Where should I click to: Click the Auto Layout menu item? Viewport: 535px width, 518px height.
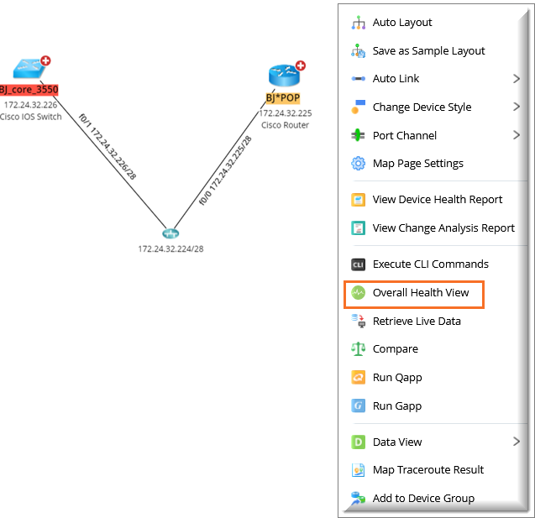[x=402, y=23]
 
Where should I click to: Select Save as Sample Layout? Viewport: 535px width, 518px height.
[x=428, y=51]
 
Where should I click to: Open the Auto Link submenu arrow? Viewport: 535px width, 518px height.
[x=517, y=79]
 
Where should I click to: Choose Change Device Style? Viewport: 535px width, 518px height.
[x=422, y=107]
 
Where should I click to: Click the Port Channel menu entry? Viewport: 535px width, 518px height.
[x=404, y=135]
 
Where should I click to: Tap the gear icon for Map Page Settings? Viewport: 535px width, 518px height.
[x=358, y=164]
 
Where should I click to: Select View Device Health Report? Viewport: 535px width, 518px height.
[x=437, y=200]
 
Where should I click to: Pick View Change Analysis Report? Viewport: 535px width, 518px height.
[x=443, y=228]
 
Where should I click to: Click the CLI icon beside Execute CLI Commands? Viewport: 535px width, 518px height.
[x=358, y=264]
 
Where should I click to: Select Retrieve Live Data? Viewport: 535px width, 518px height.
[x=416, y=322]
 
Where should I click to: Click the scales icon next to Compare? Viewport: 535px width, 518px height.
[x=358, y=349]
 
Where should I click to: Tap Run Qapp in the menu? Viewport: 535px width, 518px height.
[x=397, y=378]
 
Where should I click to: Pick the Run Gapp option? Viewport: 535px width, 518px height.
[x=397, y=406]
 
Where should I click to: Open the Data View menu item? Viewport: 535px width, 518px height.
[x=397, y=442]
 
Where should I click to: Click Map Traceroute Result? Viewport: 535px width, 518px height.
[x=427, y=470]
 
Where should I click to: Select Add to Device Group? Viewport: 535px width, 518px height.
[x=423, y=498]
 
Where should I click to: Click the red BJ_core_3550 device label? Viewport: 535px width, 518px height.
[x=29, y=90]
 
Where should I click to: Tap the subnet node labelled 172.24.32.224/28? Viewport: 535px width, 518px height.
[x=171, y=233]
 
